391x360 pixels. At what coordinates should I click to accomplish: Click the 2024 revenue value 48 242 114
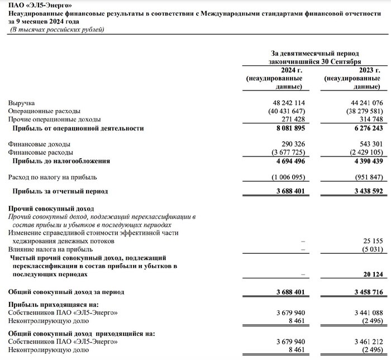click(x=283, y=103)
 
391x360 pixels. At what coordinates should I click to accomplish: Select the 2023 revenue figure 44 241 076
click(x=361, y=103)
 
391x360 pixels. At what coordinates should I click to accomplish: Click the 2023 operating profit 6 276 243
click(x=363, y=128)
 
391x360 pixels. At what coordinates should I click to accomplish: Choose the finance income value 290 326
click(x=289, y=144)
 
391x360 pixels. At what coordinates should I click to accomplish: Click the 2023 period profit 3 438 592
click(x=363, y=191)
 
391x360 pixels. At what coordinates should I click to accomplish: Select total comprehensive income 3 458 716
click(x=363, y=292)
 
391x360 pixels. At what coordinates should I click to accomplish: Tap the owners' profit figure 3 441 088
click(x=363, y=312)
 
